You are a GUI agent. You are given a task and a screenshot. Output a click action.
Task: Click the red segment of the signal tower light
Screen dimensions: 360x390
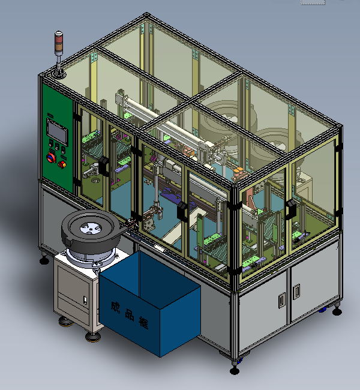click(59, 39)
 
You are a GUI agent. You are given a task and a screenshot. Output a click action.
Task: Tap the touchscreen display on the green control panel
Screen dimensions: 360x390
click(58, 132)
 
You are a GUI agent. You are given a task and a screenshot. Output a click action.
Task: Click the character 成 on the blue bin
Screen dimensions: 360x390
click(115, 308)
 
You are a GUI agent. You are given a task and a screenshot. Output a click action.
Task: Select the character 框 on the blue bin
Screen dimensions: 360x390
click(144, 323)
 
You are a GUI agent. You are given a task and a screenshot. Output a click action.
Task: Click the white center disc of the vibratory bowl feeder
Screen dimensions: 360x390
click(91, 229)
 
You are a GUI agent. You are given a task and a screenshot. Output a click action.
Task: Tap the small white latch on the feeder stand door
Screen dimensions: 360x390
click(85, 300)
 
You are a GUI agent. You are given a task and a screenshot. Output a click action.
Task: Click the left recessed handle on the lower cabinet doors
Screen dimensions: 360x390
click(282, 300)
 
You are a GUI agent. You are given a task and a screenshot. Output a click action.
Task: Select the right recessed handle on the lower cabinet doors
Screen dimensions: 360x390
click(296, 292)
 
